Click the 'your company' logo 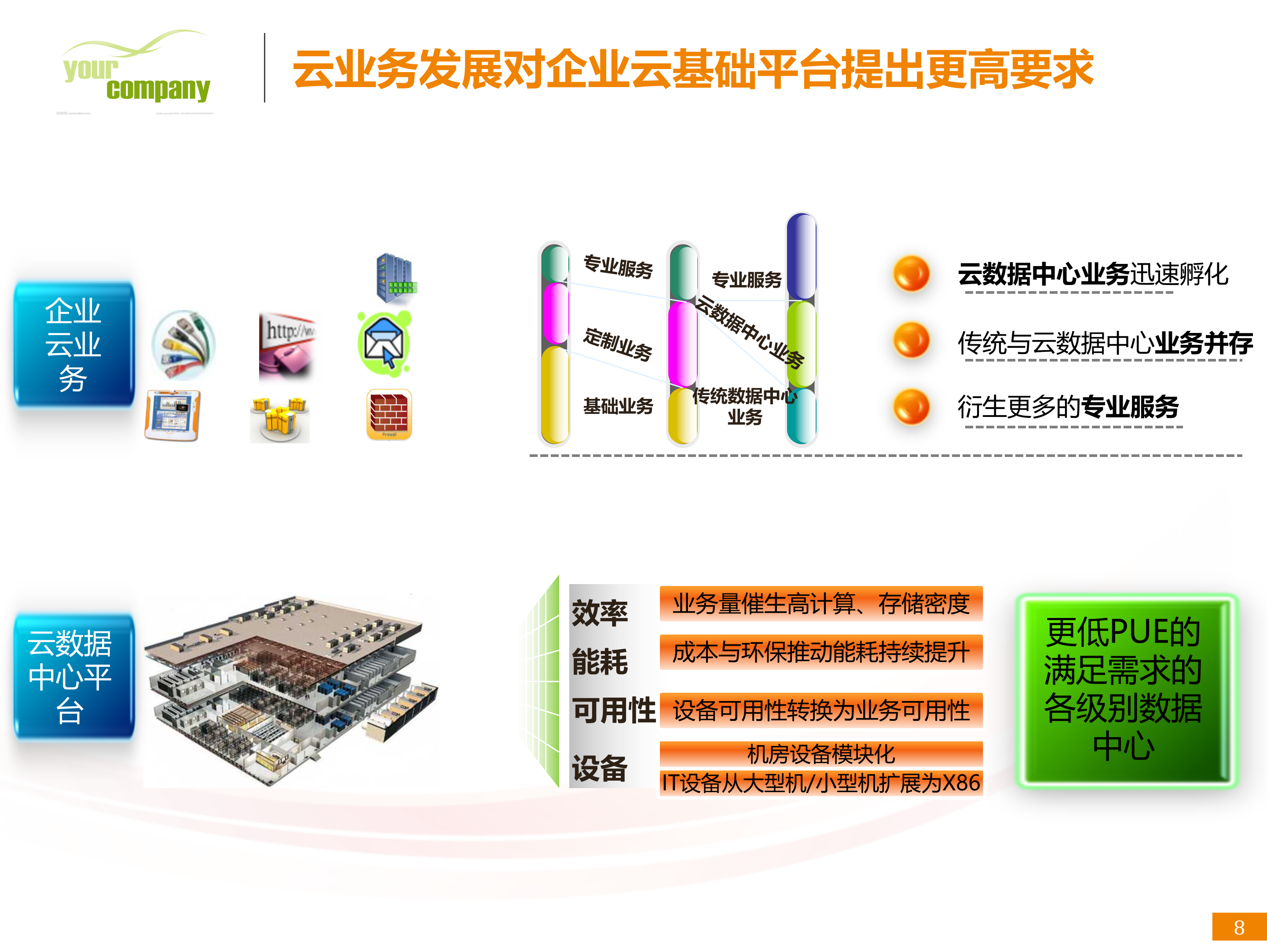tap(136, 69)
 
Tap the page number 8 tap(1239, 927)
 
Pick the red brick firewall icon tap(389, 414)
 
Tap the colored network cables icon tap(183, 345)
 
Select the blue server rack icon tap(395, 278)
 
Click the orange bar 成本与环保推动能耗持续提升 tap(821, 652)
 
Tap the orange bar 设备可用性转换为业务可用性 tap(821, 710)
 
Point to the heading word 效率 tap(600, 613)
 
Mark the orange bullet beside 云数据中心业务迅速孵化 tap(911, 274)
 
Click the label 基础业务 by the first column tap(618, 406)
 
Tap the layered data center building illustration tap(289, 690)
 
